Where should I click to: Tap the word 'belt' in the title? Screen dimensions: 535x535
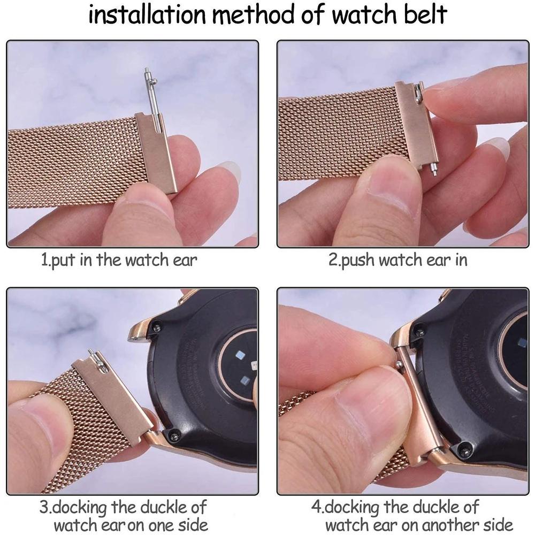point(423,16)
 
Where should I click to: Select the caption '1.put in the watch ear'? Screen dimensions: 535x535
point(119,261)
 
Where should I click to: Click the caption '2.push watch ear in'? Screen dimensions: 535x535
point(398,261)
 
